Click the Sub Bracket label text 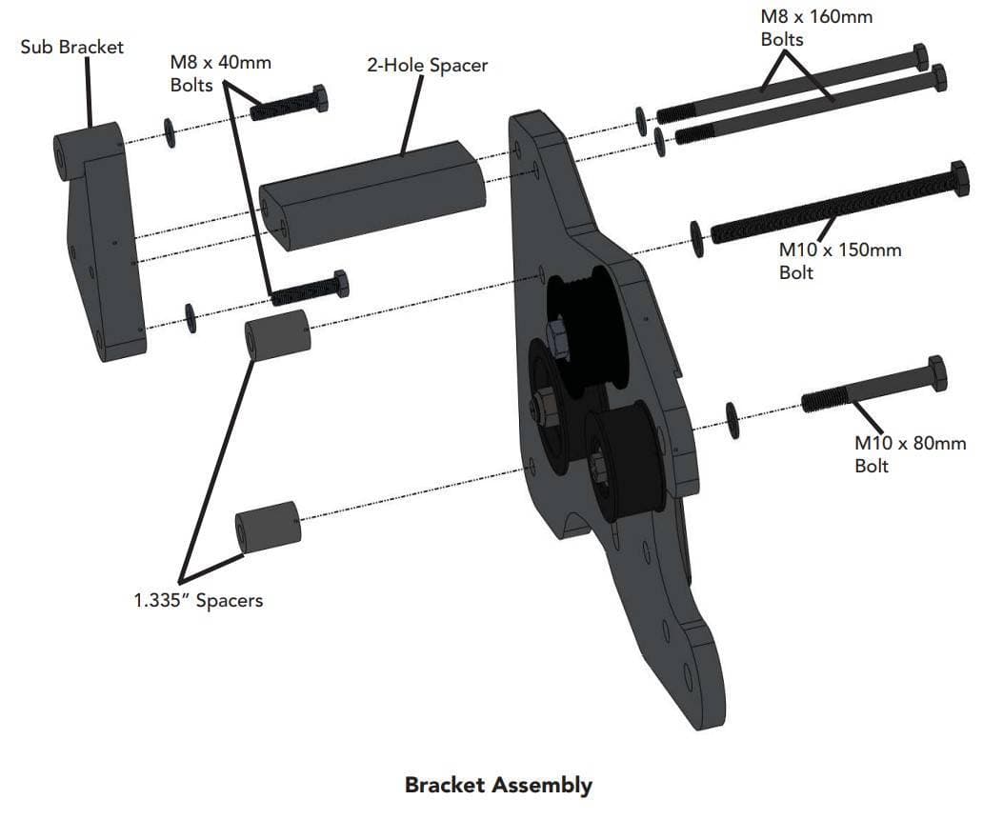71,48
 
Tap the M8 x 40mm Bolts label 220,73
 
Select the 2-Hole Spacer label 428,66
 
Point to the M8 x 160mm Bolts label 816,28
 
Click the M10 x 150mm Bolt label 840,260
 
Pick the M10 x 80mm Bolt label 910,453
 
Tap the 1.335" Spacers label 198,601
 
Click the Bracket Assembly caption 499,785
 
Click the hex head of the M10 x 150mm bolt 959,178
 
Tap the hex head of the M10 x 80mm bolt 937,373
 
